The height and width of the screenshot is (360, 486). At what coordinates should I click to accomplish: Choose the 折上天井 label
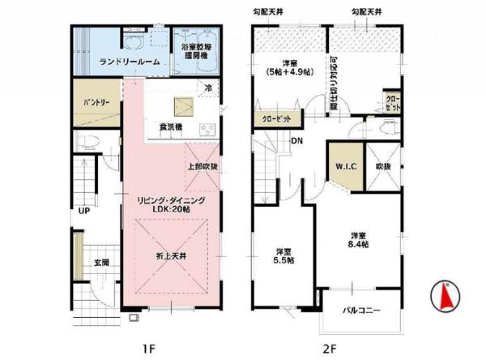[171, 256]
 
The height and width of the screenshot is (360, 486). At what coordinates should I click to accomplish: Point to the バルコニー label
[360, 311]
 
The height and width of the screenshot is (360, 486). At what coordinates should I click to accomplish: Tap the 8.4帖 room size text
[358, 242]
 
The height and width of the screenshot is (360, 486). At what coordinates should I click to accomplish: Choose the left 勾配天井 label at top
[269, 12]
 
